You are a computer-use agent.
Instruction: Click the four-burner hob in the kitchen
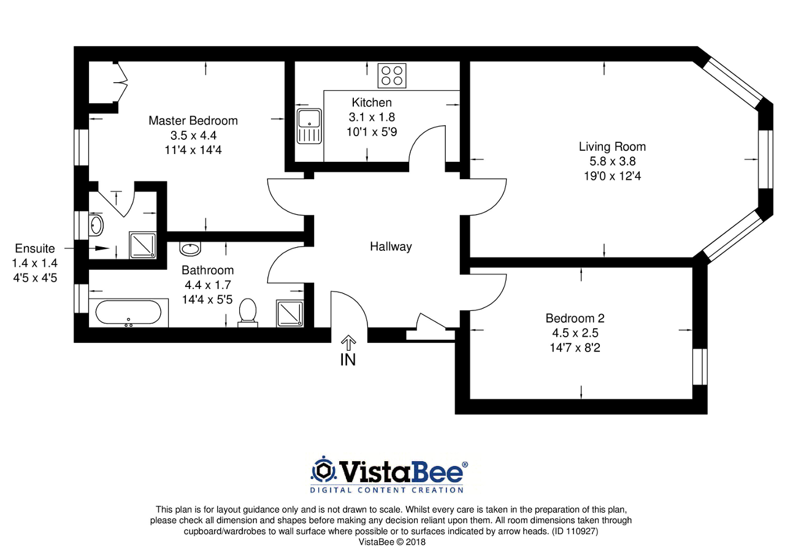point(392,75)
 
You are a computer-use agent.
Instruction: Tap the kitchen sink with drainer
point(309,126)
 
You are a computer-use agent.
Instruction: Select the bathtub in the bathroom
point(128,313)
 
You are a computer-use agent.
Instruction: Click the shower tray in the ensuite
point(143,245)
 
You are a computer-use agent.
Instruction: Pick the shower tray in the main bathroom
point(290,313)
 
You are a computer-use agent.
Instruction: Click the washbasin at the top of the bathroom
point(190,248)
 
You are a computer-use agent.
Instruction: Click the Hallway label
point(391,247)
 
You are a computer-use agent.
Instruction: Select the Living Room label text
point(612,147)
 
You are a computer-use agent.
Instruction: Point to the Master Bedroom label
point(193,121)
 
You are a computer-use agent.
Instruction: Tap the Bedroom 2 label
point(575,318)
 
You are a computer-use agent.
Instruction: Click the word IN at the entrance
point(348,360)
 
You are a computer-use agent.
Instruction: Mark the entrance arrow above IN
point(348,343)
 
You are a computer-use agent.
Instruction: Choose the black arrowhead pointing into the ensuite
point(102,248)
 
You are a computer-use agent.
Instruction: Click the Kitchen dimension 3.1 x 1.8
point(372,117)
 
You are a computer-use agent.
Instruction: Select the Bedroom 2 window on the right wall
point(700,367)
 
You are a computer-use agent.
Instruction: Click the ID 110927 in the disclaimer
point(575,532)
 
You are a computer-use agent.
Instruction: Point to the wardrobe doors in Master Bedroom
point(121,82)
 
